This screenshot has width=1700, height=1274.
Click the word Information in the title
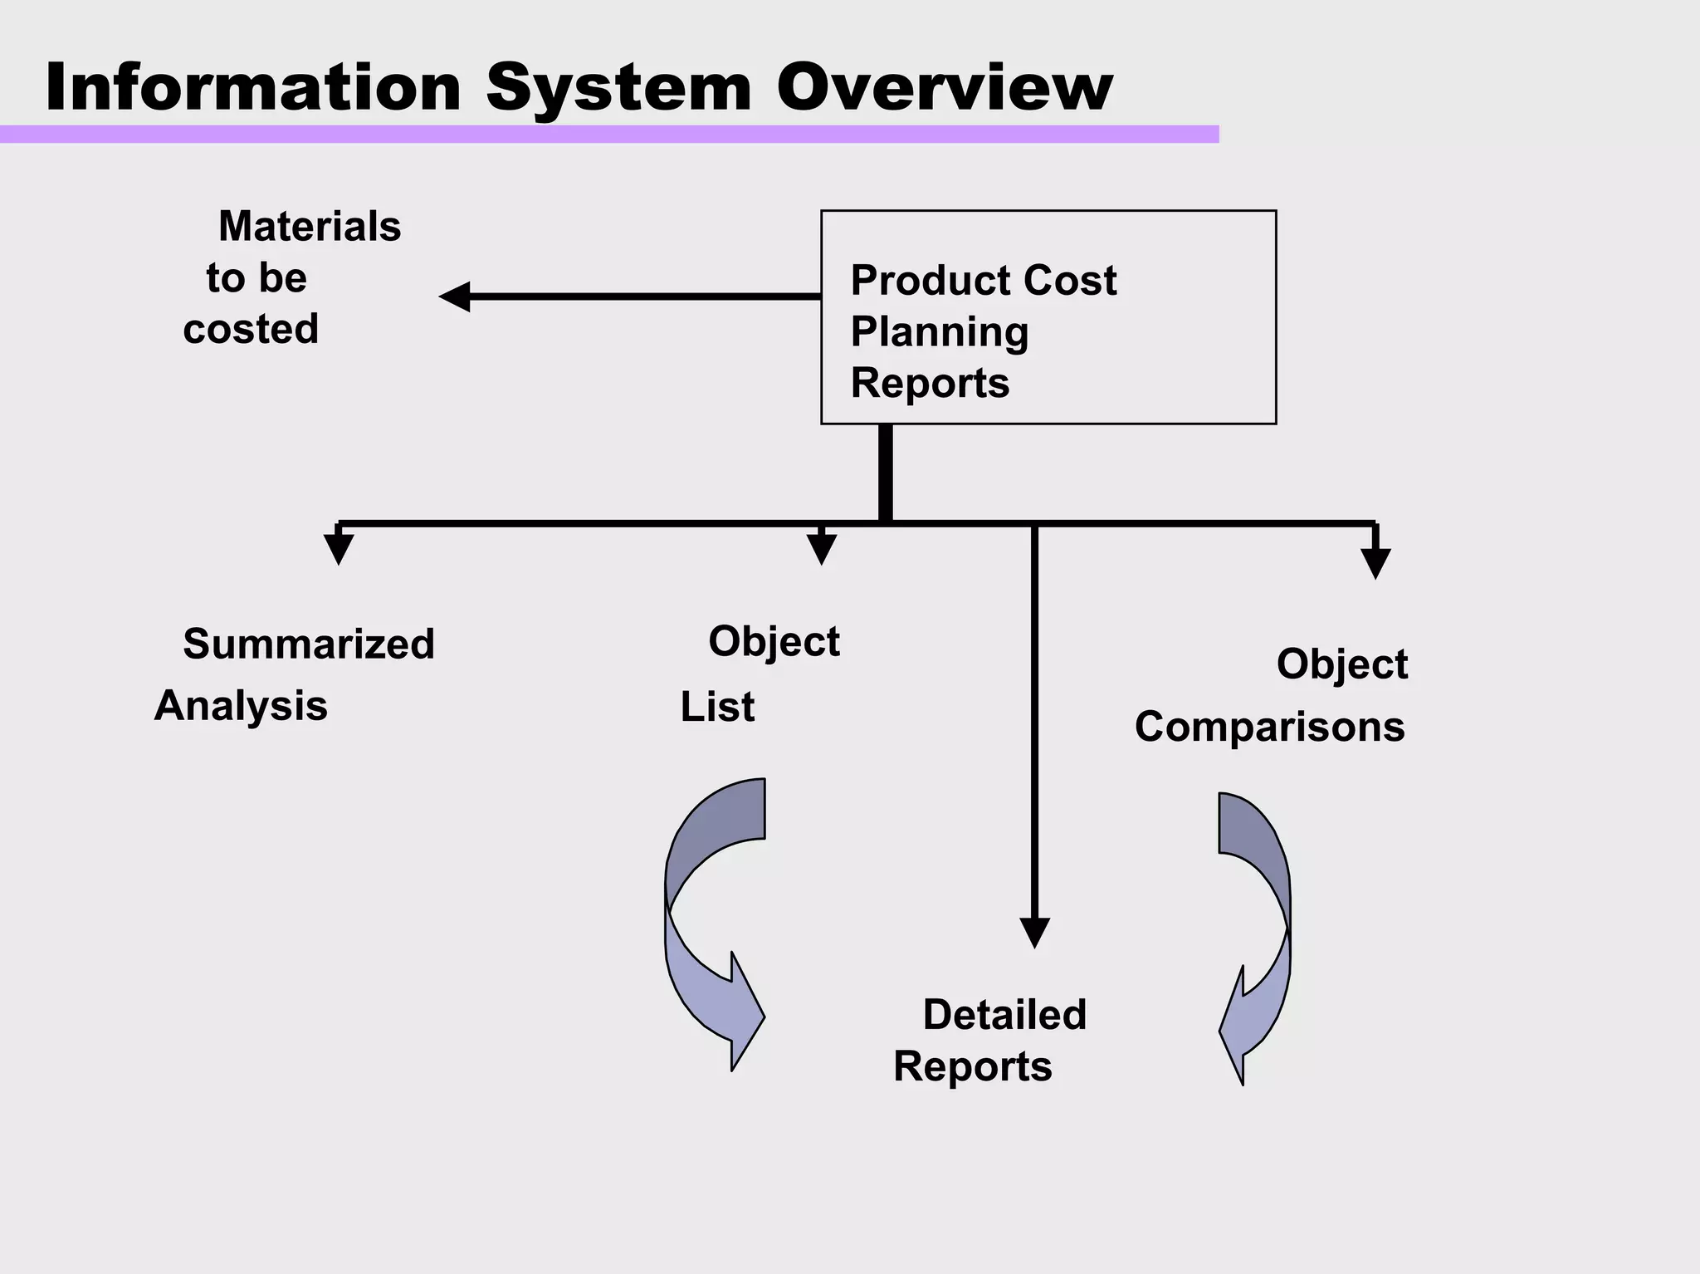pyautogui.click(x=253, y=87)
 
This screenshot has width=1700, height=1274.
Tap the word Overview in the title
pyautogui.click(x=944, y=87)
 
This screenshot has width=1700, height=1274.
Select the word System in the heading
pyautogui.click(x=618, y=89)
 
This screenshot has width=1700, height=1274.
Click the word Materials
pyautogui.click(x=310, y=226)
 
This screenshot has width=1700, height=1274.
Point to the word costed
pyautogui.click(x=251, y=329)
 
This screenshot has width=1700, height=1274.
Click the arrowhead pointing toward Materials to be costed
pyautogui.click(x=455, y=296)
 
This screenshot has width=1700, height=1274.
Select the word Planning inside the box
pyautogui.click(x=940, y=332)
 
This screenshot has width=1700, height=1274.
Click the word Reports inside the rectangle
pyautogui.click(x=930, y=383)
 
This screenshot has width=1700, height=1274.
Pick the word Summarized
pyautogui.click(x=309, y=644)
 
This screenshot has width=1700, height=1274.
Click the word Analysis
pyautogui.click(x=241, y=706)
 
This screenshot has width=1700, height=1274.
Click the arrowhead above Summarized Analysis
pyautogui.click(x=339, y=549)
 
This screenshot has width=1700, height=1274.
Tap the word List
pyautogui.click(x=717, y=708)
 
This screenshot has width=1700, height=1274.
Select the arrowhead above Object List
pyautogui.click(x=821, y=550)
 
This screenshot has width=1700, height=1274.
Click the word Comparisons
pyautogui.click(x=1269, y=727)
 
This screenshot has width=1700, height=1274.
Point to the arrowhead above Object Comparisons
pyautogui.click(x=1375, y=563)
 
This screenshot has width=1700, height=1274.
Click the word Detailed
pyautogui.click(x=1004, y=1015)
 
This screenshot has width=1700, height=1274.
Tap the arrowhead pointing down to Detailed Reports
pyautogui.click(x=1034, y=932)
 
